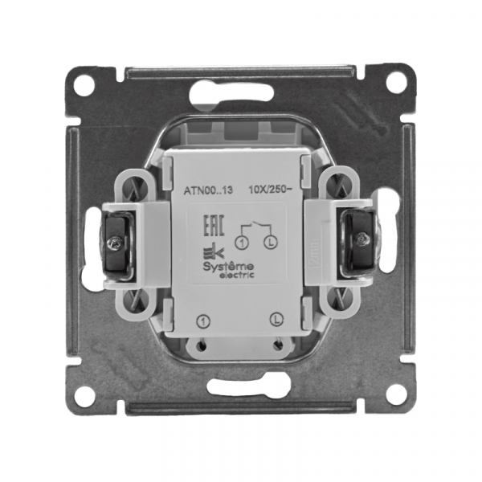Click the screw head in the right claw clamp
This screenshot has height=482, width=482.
coord(364,239)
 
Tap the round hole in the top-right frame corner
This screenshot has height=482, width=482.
coord(395,83)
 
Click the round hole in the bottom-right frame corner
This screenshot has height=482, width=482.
coord(395,394)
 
